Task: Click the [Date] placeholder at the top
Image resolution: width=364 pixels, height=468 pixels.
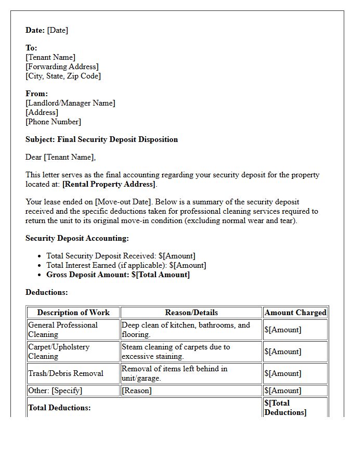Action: (x=57, y=30)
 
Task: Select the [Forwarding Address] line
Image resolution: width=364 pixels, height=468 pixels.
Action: (x=62, y=67)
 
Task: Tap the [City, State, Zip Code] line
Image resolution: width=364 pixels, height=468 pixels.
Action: (x=63, y=76)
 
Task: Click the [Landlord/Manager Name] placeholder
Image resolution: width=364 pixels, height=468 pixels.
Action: (x=70, y=103)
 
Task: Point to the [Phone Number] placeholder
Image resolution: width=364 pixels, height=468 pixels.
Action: (x=53, y=122)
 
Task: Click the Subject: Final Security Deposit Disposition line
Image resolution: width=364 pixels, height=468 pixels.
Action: (x=101, y=139)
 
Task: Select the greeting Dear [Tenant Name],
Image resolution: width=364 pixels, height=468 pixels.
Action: (x=60, y=157)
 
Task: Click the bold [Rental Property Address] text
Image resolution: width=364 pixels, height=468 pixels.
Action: (x=109, y=184)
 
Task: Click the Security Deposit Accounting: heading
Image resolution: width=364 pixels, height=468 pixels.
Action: (x=77, y=238)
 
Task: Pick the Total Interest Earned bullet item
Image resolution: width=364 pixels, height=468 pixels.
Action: (x=126, y=265)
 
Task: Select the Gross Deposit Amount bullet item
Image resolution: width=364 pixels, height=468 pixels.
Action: (x=118, y=275)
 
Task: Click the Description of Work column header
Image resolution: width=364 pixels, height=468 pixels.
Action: (x=73, y=313)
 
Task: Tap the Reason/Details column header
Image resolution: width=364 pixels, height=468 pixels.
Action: (x=191, y=313)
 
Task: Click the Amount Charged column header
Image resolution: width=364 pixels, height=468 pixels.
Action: (x=295, y=313)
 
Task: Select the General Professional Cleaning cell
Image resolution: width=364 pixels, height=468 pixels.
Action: (x=63, y=330)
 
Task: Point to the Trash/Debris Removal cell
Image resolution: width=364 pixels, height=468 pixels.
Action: (x=66, y=373)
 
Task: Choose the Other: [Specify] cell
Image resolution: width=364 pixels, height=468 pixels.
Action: (x=55, y=391)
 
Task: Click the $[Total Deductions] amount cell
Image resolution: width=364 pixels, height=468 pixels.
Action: (x=285, y=408)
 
